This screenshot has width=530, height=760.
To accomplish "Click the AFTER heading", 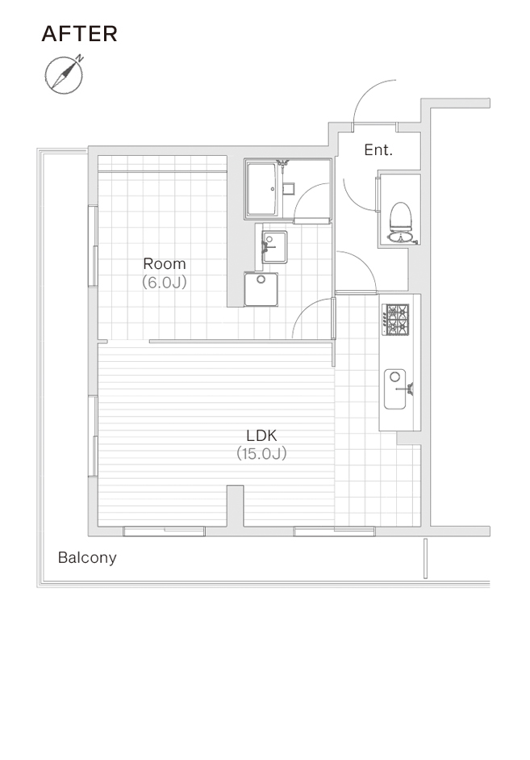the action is [x=79, y=34].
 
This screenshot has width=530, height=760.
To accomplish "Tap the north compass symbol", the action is [x=65, y=75].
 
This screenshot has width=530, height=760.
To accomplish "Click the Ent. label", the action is [x=378, y=149].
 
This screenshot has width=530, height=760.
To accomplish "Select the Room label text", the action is [x=165, y=263].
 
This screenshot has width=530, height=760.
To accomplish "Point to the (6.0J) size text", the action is [x=165, y=282].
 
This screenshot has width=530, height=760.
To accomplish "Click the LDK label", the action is [x=261, y=435].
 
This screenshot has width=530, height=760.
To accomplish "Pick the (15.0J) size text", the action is [x=261, y=454].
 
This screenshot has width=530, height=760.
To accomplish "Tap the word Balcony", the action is [x=87, y=557].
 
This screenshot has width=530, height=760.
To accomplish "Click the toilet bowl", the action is [x=400, y=216].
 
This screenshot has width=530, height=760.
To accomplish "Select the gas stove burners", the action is [x=395, y=319].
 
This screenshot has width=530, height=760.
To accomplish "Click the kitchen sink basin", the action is [x=395, y=388].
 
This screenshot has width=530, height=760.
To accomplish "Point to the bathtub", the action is [x=261, y=189].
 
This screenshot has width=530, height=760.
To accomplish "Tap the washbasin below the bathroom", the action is [x=274, y=247].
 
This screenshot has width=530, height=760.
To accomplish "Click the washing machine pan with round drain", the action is [x=261, y=289].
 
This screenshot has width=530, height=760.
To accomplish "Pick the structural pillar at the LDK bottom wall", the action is [x=236, y=506].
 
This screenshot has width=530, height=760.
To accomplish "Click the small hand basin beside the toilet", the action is [x=400, y=237].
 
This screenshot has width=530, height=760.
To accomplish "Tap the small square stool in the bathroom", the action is [x=289, y=188].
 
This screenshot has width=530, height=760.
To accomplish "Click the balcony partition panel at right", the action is [x=425, y=558].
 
